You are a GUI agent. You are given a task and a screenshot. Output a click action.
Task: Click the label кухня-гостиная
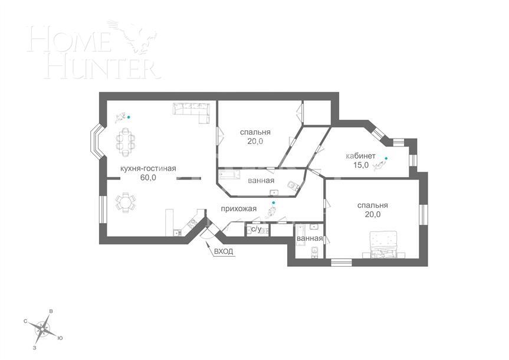click(148, 168)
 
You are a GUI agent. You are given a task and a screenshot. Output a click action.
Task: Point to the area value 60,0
click(148, 177)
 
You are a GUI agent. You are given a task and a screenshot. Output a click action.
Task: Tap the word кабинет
click(361, 156)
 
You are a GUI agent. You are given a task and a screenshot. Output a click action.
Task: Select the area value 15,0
click(361, 165)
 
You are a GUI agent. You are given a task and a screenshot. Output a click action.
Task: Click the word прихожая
click(238, 208)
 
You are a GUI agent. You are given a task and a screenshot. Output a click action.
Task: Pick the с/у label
click(256, 229)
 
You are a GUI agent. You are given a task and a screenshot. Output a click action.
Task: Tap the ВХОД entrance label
click(224, 251)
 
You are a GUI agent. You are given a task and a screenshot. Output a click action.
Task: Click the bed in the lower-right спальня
click(386, 245)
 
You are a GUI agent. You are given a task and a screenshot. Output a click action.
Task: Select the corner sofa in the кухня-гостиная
click(192, 110)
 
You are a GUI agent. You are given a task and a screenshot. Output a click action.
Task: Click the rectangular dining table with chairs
click(125, 142)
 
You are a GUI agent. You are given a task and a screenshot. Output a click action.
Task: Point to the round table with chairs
click(125, 203)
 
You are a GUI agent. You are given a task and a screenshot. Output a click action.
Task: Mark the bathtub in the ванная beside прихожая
click(232, 175)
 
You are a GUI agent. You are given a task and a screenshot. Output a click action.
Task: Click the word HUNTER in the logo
click(94, 67)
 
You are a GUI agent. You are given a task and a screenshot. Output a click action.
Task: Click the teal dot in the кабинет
click(386, 158)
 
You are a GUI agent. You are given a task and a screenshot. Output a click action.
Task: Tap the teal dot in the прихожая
click(273, 202)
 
